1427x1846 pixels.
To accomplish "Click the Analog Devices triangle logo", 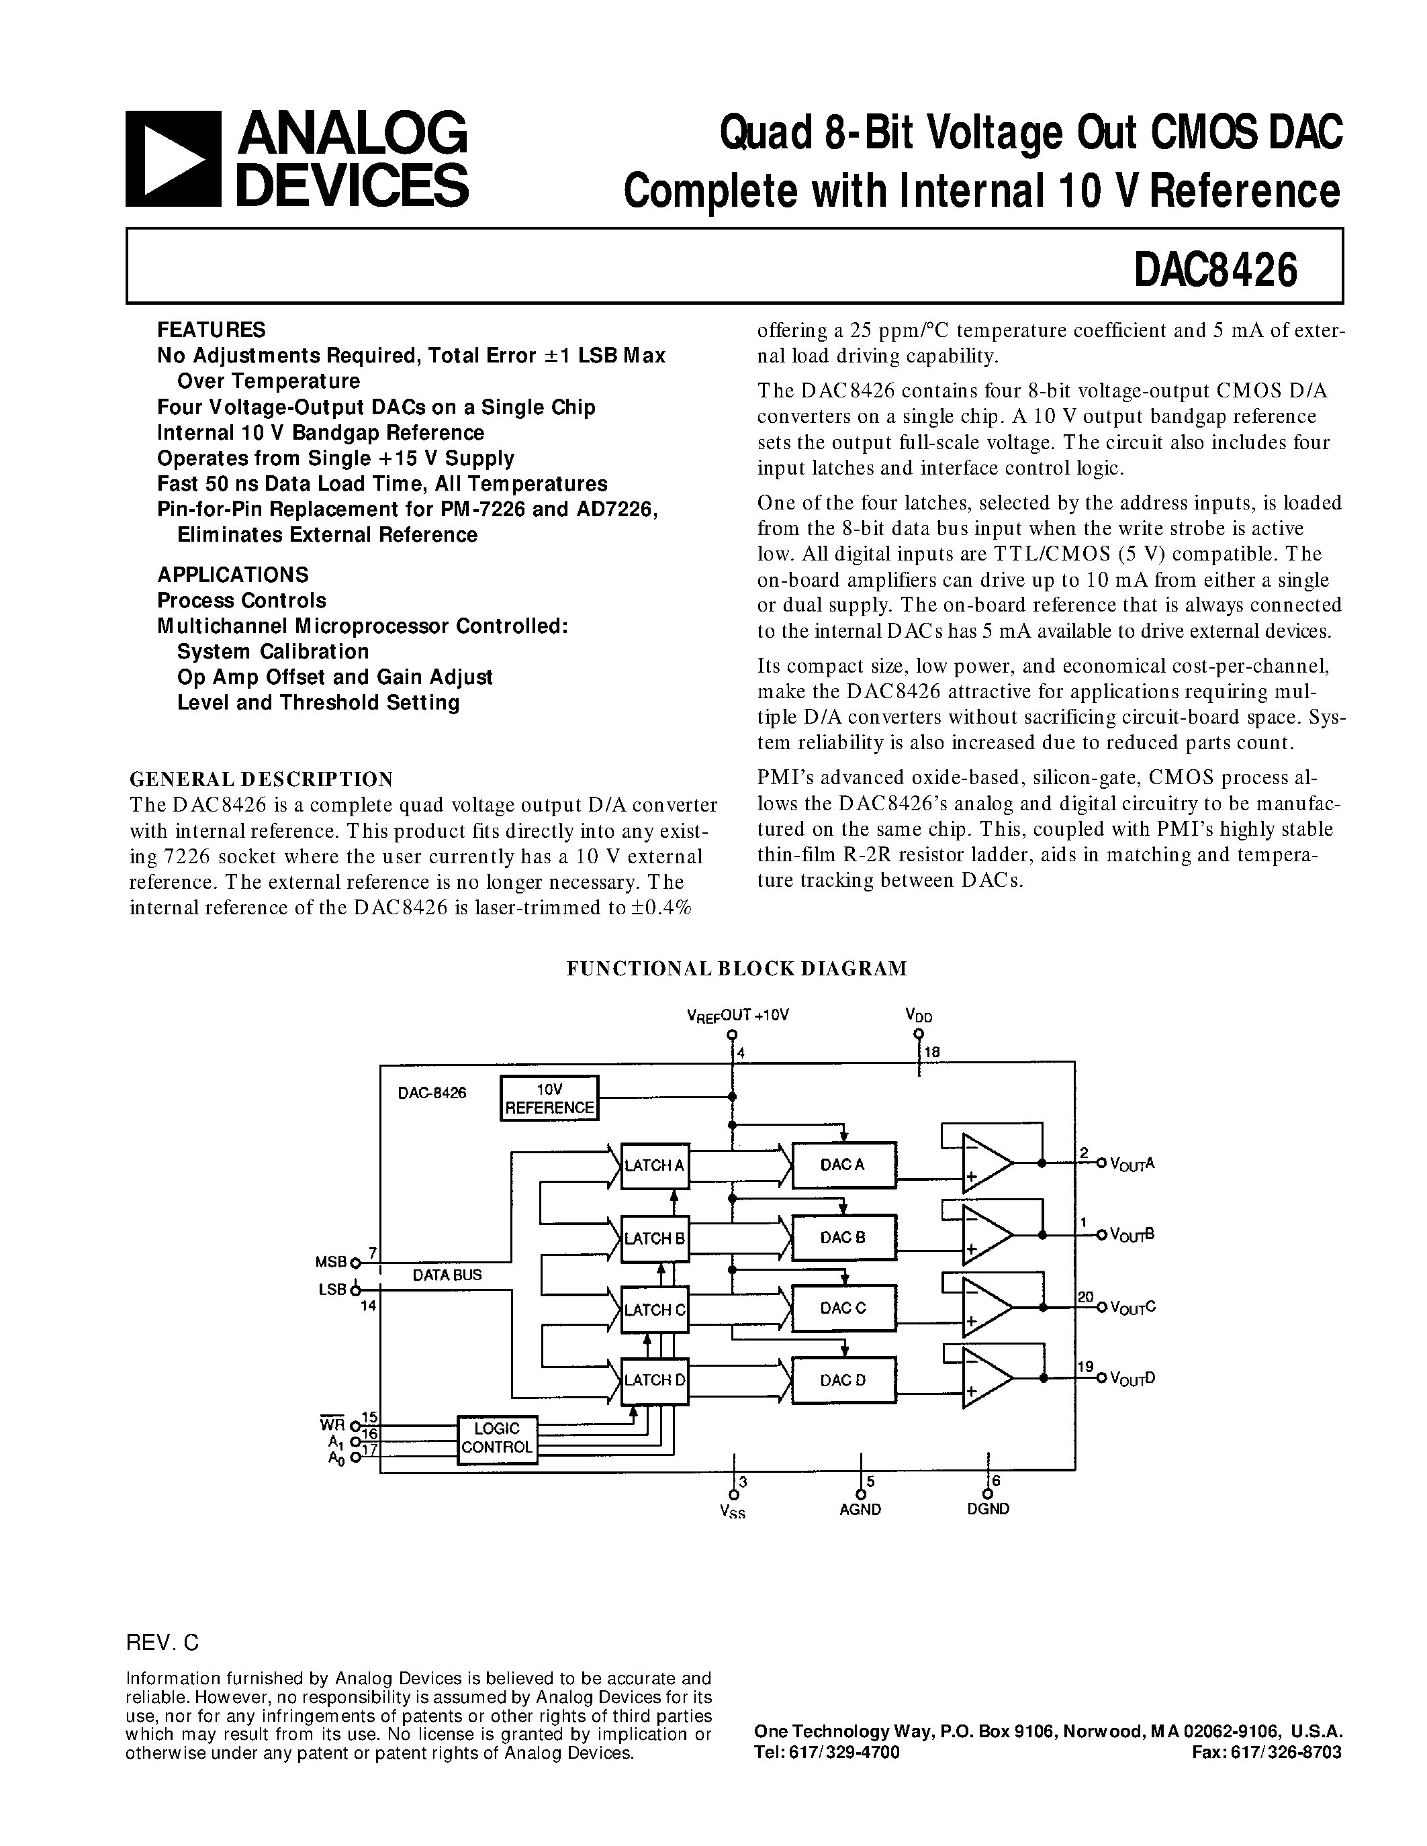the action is point(173,159).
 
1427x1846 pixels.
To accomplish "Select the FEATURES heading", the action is point(212,330).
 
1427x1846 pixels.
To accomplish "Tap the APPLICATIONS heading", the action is point(232,575).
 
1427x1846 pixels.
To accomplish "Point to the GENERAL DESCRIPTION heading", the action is point(261,779).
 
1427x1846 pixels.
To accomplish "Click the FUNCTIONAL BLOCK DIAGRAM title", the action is point(736,969).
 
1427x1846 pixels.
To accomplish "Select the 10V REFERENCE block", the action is point(549,1099).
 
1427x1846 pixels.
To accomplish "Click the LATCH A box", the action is point(654,1165).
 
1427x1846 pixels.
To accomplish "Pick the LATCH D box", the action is point(654,1380).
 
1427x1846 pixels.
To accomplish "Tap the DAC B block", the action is point(843,1237).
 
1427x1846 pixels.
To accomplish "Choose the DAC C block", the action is point(843,1308).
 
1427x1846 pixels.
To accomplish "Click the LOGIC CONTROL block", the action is point(497,1438).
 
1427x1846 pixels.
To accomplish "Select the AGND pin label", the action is point(861,1510).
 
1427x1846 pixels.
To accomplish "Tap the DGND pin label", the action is point(988,1510).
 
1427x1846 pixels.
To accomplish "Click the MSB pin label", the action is point(331,1262).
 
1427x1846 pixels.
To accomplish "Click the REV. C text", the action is point(163,1643).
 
